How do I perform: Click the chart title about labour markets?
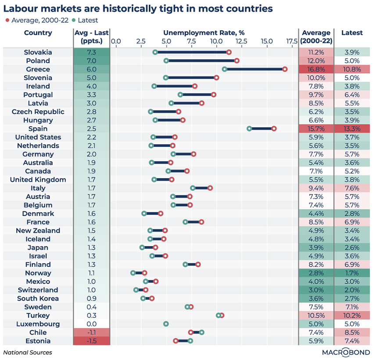tap(138, 8)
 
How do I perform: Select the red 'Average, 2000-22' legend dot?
tap(7, 20)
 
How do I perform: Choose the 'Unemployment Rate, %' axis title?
tap(204, 32)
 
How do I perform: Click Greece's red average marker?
tap(285, 69)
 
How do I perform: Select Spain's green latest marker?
tap(249, 128)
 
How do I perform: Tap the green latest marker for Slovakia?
tap(155, 52)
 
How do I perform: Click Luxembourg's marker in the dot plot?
tap(166, 324)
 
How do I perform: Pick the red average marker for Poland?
tap(237, 61)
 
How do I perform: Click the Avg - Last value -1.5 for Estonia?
tap(92, 341)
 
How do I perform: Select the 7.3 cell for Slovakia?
tap(92, 52)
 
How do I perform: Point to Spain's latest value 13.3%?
tap(352, 128)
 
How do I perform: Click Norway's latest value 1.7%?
tap(352, 273)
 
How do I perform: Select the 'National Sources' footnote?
tap(28, 352)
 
